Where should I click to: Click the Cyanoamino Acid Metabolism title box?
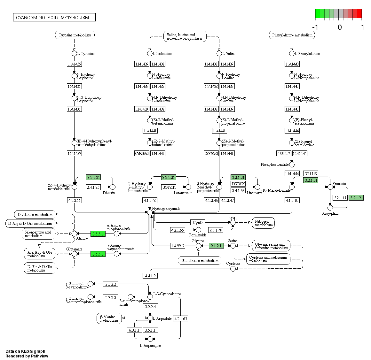tap(54, 17)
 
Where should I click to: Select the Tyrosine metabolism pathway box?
tap(75, 35)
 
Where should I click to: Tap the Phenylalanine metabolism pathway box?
tap(292, 35)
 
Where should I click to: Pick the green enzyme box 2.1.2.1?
tap(216, 246)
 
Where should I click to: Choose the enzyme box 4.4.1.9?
tap(150, 275)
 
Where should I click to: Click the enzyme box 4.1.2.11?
tap(74, 200)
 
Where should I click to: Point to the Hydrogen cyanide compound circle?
tap(150, 212)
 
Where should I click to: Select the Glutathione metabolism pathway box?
tap(200, 260)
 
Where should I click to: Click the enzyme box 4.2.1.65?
tap(181, 318)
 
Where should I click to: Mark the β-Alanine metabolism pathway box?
tap(109, 318)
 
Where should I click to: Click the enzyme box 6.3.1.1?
tap(134, 330)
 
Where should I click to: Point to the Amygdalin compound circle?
tap(330, 208)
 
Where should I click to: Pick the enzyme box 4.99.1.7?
tap(284, 154)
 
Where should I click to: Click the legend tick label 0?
tap(340, 27)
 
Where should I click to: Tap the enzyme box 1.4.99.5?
tap(178, 246)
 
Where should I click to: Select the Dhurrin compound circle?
tap(112, 187)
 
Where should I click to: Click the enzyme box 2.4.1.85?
tap(93, 187)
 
